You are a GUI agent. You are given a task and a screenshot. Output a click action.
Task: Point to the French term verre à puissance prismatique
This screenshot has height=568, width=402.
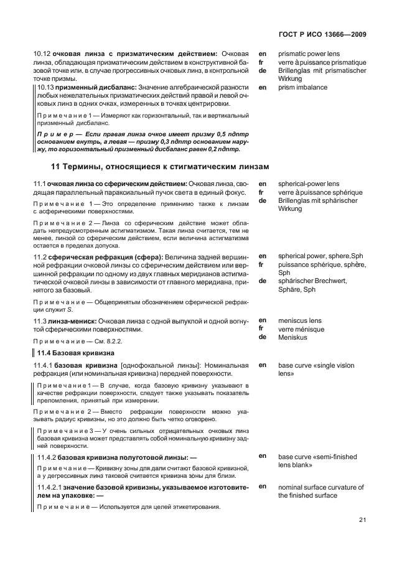click(x=322, y=63)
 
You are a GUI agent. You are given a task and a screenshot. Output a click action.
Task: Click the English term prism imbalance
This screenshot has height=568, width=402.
click(x=302, y=88)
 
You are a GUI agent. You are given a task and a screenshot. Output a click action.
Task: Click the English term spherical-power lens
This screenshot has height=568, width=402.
click(x=309, y=184)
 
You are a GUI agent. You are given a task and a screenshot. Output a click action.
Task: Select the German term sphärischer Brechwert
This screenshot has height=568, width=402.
click(x=312, y=281)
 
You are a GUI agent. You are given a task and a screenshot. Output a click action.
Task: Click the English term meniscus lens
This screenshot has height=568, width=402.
click(x=300, y=320)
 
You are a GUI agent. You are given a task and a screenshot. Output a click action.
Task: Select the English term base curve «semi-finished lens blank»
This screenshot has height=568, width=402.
click(x=317, y=461)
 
